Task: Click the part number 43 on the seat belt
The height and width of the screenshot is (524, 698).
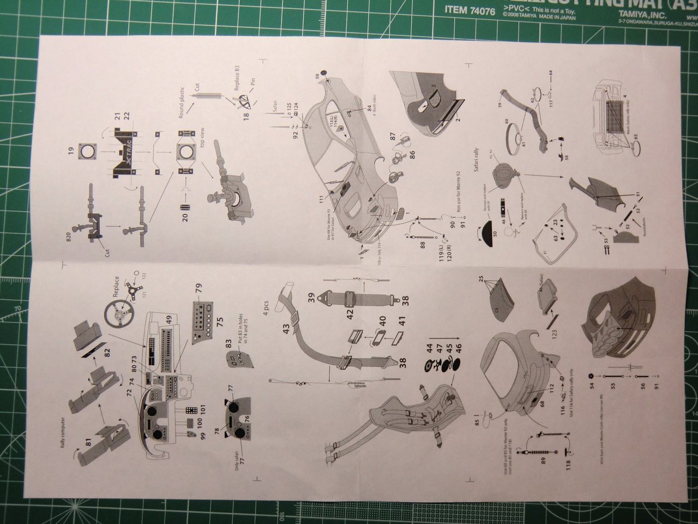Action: click(286, 329)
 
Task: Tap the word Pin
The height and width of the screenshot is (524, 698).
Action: click(252, 86)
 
